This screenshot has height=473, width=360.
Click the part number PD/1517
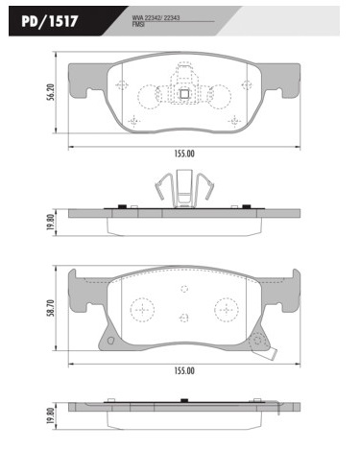tap(50, 21)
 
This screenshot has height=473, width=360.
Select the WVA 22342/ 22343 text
tap(156, 18)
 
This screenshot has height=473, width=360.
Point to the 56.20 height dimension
tap(51, 92)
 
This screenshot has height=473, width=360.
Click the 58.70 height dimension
tap(51, 308)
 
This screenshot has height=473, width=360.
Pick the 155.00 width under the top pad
tap(184, 154)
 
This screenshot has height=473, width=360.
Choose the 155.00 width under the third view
tap(184, 371)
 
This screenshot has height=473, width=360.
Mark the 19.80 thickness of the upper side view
tap(50, 223)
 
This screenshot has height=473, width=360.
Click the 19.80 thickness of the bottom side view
tap(50, 415)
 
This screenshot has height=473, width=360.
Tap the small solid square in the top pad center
tap(184, 94)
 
